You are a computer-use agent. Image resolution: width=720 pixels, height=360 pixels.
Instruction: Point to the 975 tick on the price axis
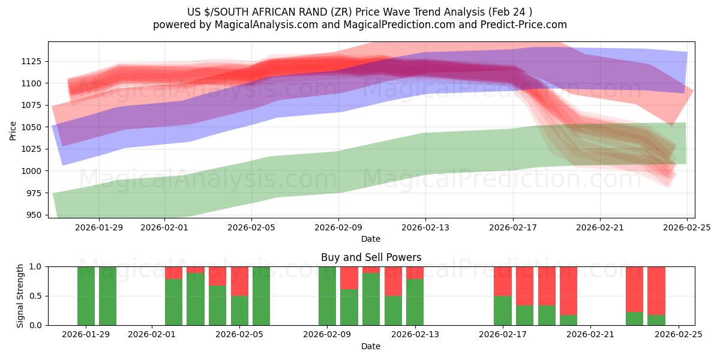tap(35, 193)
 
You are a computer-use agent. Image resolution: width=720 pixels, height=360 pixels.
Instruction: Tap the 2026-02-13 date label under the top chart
tap(425, 227)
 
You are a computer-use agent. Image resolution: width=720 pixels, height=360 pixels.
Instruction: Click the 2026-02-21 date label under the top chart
tap(600, 227)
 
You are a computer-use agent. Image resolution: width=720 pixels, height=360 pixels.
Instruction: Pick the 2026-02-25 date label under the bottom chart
tap(678, 335)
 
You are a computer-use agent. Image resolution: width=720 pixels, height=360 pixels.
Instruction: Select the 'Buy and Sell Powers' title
tap(371, 257)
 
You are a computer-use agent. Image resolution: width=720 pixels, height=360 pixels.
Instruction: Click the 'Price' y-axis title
tap(13, 130)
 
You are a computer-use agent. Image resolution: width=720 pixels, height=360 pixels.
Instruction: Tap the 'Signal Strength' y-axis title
tap(20, 296)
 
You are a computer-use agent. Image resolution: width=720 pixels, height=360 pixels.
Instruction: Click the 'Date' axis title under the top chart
tap(371, 239)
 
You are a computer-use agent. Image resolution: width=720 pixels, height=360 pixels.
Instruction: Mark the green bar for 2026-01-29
tap(86, 296)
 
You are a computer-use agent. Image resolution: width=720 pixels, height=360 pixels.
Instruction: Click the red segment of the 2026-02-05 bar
tap(239, 281)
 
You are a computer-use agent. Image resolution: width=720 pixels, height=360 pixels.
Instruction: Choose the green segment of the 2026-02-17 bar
tap(503, 310)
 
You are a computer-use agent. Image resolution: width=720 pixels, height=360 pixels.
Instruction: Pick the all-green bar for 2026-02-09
tap(327, 296)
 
